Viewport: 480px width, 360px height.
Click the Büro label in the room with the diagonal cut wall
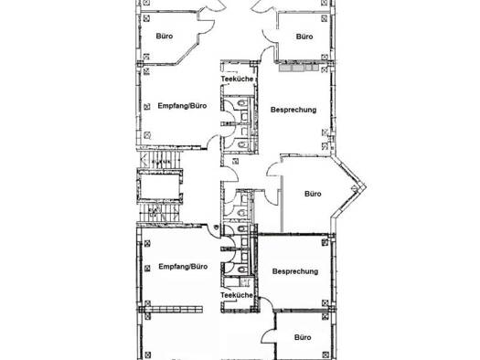pos(165,37)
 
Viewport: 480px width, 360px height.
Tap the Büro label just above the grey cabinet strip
pos(304,37)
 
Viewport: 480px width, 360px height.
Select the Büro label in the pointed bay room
pos(313,194)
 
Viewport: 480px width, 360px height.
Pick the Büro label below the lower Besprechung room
pos(303,337)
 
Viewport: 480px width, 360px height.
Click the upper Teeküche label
pos(237,79)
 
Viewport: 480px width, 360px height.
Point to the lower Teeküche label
pos(237,295)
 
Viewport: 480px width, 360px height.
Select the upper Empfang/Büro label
pos(182,106)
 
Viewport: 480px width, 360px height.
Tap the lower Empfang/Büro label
pos(183,267)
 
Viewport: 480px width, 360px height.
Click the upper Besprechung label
pos(293,110)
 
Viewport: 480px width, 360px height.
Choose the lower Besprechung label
pos(295,271)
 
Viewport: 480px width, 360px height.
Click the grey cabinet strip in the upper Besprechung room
pos(298,68)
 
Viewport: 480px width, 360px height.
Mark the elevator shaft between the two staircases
pos(159,186)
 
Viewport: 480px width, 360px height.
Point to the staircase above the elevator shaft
pos(160,159)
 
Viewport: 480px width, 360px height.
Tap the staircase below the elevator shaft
pos(160,213)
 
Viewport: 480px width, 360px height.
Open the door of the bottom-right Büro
pos(269,336)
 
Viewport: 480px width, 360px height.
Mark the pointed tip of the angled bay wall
pos(366,186)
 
